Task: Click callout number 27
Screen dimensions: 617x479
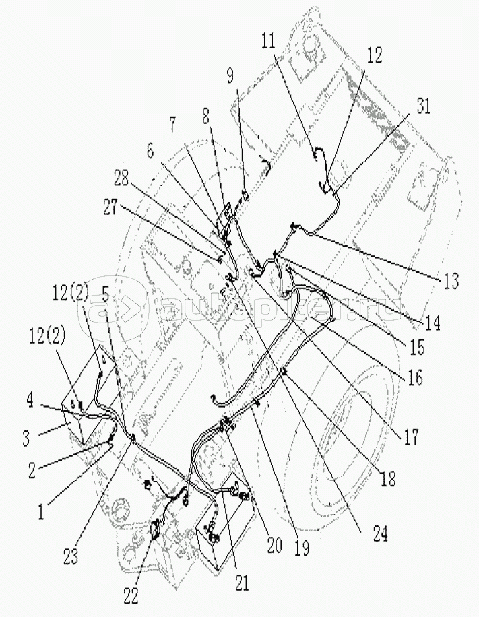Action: (111, 208)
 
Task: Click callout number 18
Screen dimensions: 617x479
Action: (388, 479)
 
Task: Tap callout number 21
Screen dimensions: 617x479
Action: (241, 582)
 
